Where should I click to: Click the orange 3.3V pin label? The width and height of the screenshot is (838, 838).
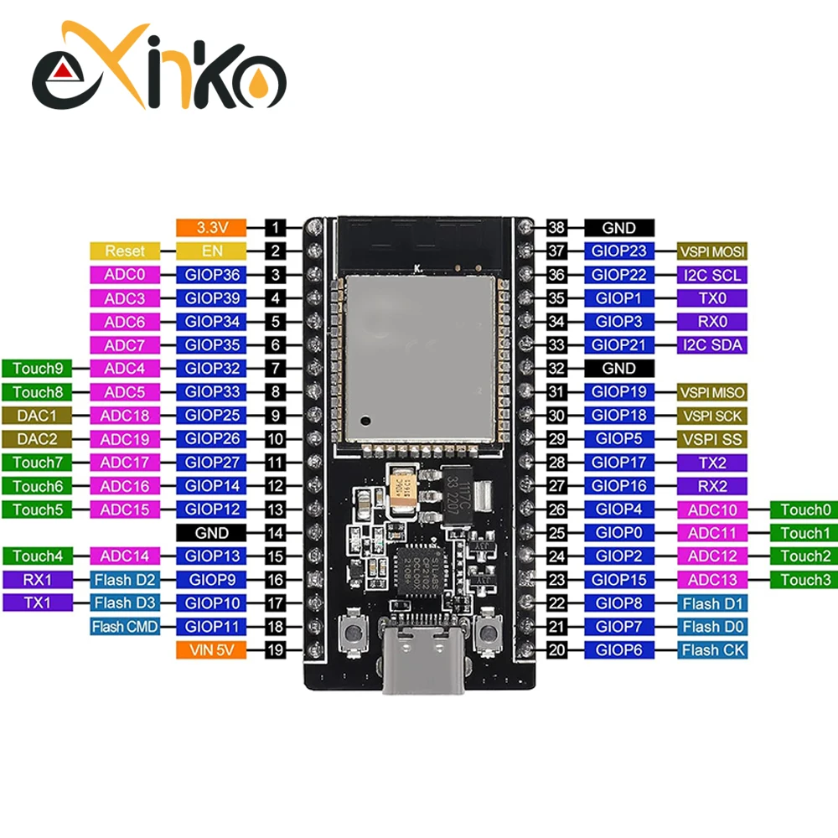(211, 227)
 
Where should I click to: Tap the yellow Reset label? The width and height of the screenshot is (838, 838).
(124, 251)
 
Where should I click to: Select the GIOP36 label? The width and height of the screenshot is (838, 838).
(211, 274)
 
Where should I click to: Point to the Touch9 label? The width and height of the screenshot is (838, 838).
(38, 368)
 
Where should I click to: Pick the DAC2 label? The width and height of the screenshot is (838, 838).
(38, 438)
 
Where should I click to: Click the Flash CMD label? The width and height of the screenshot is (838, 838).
(124, 626)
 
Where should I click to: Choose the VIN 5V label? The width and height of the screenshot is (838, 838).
(211, 649)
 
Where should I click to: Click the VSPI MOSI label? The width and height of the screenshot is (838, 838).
(711, 251)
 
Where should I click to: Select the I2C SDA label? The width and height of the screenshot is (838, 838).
(711, 344)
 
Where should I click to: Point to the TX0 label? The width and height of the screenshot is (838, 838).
(711, 297)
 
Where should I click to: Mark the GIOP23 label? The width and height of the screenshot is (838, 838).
(619, 251)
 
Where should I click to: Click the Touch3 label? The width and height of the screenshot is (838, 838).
(804, 579)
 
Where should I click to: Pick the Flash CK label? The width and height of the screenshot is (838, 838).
(711, 649)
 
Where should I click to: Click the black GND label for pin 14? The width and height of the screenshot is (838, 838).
(211, 532)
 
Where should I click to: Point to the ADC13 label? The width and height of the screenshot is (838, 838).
(711, 579)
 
